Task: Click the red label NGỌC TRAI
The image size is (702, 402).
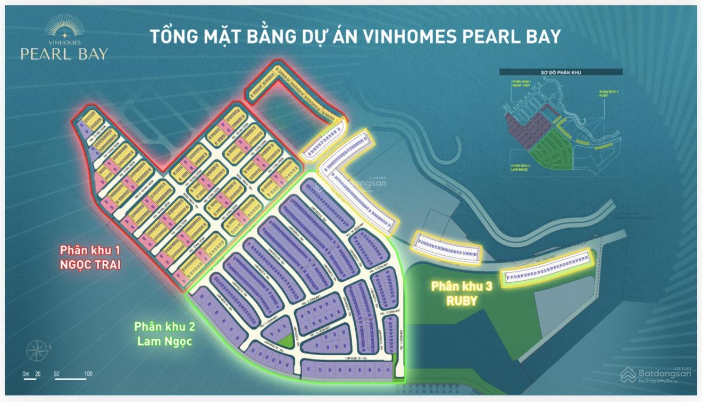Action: (90, 264)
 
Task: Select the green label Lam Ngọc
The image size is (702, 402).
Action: (163, 341)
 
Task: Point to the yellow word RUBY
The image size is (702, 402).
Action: (462, 300)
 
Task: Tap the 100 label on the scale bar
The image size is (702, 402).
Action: (88, 374)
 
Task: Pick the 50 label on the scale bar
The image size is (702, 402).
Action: (57, 374)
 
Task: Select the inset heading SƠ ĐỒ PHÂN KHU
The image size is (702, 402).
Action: (561, 72)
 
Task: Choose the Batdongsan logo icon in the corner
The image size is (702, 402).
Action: (628, 375)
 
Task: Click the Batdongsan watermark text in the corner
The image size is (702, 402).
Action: (665, 374)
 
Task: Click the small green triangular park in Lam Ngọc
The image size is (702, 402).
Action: (287, 342)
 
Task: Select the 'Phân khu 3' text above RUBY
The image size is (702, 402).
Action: (462, 287)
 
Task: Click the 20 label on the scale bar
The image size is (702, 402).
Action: (38, 374)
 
